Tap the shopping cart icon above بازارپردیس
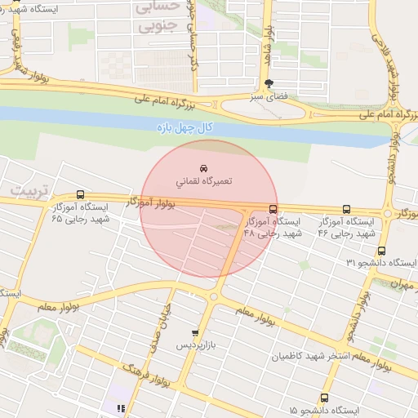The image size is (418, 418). click(194, 333)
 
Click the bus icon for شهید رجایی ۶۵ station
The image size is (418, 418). click(79, 195)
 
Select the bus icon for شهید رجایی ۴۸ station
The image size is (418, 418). click(273, 209)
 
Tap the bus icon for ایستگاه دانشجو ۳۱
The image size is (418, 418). click(412, 262)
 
